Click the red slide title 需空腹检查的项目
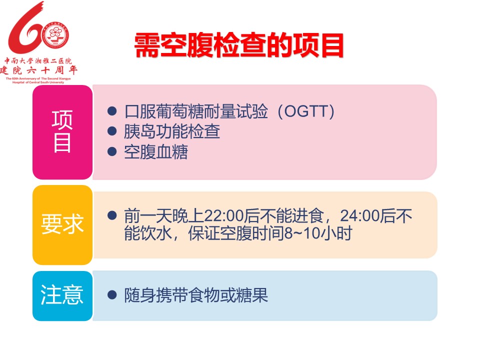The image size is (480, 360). click(x=239, y=45)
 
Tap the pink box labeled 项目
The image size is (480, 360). click(x=62, y=132)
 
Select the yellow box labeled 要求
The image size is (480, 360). click(x=62, y=224)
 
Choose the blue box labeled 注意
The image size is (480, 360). click(x=62, y=295)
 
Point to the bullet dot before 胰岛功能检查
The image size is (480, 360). click(x=112, y=131)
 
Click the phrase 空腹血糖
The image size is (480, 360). click(x=156, y=152)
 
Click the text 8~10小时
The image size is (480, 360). click(x=318, y=233)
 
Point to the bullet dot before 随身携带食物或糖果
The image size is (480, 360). click(x=112, y=295)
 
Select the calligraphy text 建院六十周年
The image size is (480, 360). click(x=38, y=70)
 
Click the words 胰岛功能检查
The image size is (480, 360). click(x=171, y=131)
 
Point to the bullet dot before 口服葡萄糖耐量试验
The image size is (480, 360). click(x=112, y=111)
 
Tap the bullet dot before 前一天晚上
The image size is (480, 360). click(x=112, y=215)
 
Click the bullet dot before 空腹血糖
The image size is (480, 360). click(x=112, y=151)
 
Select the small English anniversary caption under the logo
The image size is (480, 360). click(x=38, y=80)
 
